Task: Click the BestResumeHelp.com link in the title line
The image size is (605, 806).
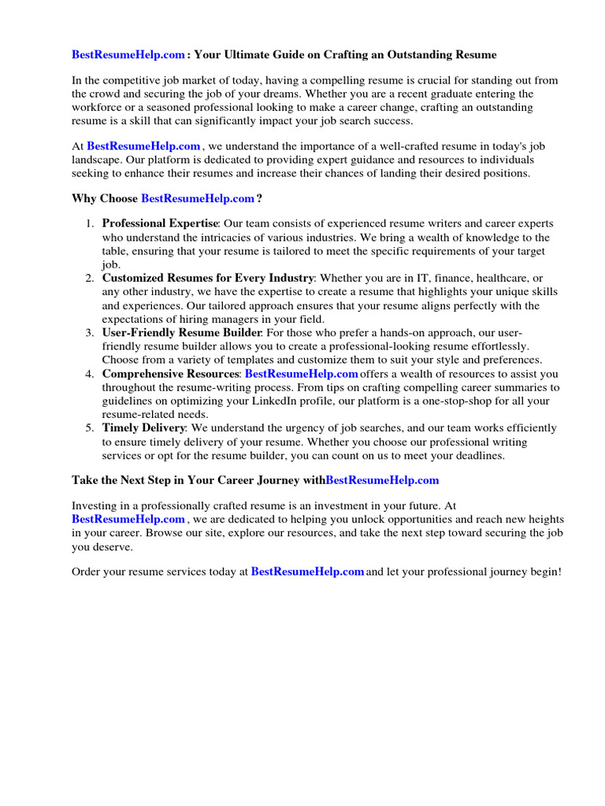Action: (128, 55)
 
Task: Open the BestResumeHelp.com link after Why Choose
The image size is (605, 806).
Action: (198, 198)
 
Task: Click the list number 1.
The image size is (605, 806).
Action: (90, 224)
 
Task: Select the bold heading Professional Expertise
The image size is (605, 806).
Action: (159, 224)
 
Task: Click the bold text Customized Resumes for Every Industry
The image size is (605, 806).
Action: (208, 278)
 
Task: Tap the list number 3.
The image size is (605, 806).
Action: (90, 333)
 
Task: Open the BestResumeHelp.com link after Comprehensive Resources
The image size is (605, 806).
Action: (301, 373)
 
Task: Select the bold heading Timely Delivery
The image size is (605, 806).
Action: (143, 428)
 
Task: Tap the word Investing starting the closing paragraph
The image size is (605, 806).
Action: (96, 505)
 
